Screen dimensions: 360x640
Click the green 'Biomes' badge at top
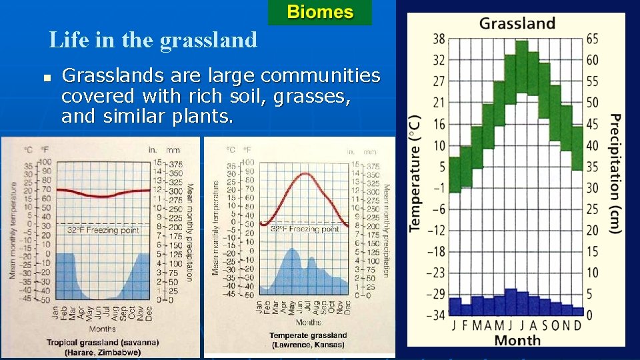point(320,12)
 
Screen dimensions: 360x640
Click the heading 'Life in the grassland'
point(153,41)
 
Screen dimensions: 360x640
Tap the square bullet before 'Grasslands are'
point(46,79)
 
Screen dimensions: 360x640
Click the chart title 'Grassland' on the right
point(517,23)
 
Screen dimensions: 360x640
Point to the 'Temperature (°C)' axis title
point(415,173)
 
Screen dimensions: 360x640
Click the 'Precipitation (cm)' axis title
point(615,173)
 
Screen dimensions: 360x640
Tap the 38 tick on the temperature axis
point(439,39)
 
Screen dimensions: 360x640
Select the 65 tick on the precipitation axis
point(592,39)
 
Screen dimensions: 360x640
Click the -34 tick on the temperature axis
point(437,315)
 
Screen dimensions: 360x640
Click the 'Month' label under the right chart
point(517,340)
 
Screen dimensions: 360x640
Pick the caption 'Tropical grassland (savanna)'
point(103,342)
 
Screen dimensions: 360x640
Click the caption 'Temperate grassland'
point(308,335)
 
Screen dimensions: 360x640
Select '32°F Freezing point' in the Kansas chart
point(305,229)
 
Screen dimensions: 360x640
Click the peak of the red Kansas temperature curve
point(305,173)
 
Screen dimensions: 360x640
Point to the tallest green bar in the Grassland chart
point(521,67)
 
